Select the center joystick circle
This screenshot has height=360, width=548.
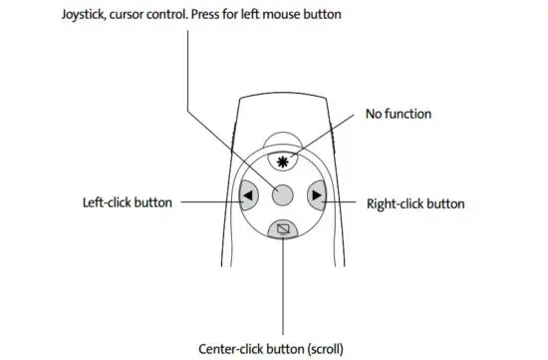tap(283, 194)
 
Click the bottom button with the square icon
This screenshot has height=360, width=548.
tap(283, 228)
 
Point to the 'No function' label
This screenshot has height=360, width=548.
tap(399, 115)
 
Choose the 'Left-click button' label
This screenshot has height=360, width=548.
tap(128, 202)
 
